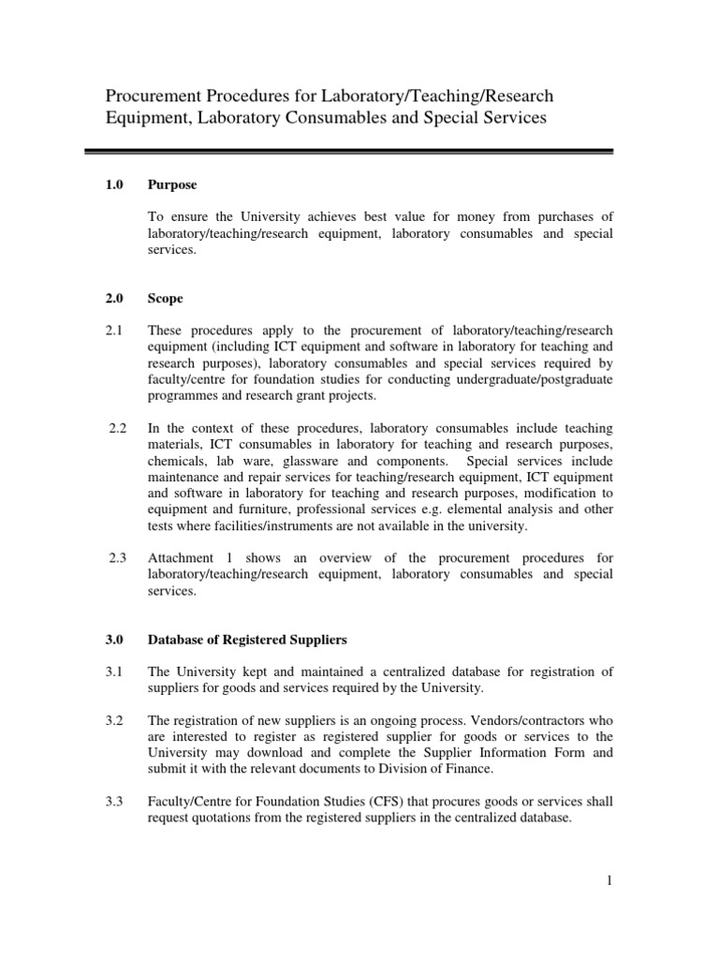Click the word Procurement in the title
pos(152,96)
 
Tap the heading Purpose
pos(171,184)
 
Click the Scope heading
pos(165,299)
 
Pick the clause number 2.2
pos(117,428)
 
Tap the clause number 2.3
pos(117,559)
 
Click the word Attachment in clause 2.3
pos(183,559)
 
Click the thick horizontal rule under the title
pos(348,151)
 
